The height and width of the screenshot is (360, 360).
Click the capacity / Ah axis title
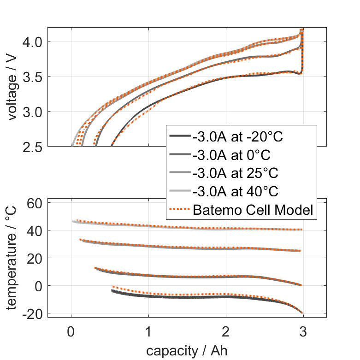[187, 350]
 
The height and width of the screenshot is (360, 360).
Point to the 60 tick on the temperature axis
[36, 203]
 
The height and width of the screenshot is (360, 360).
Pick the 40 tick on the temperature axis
[36, 230]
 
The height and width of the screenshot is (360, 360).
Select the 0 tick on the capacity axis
[71, 332]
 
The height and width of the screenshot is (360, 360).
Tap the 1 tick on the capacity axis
[148, 332]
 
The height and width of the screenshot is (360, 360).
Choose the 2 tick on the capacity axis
[226, 332]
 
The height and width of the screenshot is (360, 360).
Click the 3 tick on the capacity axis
[303, 332]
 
